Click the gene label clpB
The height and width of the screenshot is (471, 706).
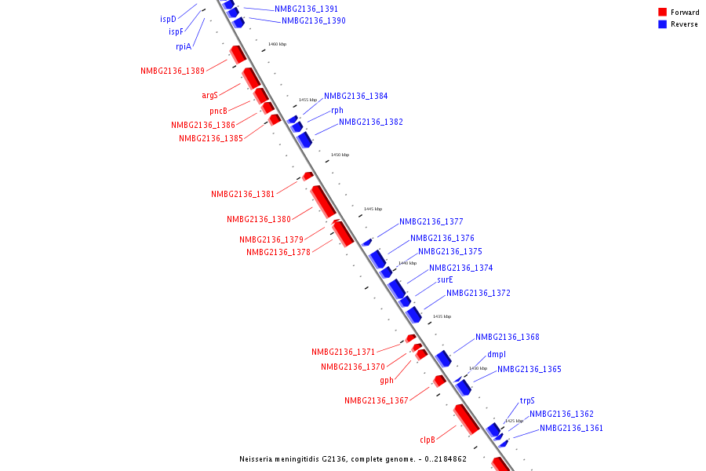pyautogui.click(x=427, y=440)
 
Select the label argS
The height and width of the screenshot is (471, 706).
pyautogui.click(x=209, y=96)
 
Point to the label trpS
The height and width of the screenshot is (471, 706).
pyautogui.click(x=527, y=400)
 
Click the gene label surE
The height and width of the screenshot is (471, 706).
pyautogui.click(x=445, y=279)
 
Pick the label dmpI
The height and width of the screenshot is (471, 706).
pyautogui.click(x=497, y=354)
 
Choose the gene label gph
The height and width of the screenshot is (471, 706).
pyautogui.click(x=387, y=381)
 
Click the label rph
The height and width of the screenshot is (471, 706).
pyautogui.click(x=337, y=111)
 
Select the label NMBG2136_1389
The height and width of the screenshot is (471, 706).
pyautogui.click(x=173, y=71)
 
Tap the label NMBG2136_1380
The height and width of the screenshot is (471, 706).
pyautogui.click(x=259, y=220)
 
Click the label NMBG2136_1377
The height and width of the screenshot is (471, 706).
pyautogui.click(x=431, y=222)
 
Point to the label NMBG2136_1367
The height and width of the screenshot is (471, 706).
pyautogui.click(x=377, y=401)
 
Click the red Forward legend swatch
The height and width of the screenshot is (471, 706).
pyautogui.click(x=663, y=13)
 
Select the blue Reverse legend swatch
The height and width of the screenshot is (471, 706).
pyautogui.click(x=663, y=24)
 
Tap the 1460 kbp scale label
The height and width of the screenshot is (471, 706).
pyautogui.click(x=277, y=45)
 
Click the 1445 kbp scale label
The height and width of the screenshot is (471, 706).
pyautogui.click(x=373, y=210)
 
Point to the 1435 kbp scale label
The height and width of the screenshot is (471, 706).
pyautogui.click(x=442, y=316)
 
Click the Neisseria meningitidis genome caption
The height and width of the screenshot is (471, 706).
pyautogui.click(x=353, y=459)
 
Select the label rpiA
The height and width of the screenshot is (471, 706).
pyautogui.click(x=184, y=46)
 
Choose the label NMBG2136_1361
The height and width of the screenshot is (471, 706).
pyautogui.click(x=571, y=429)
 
